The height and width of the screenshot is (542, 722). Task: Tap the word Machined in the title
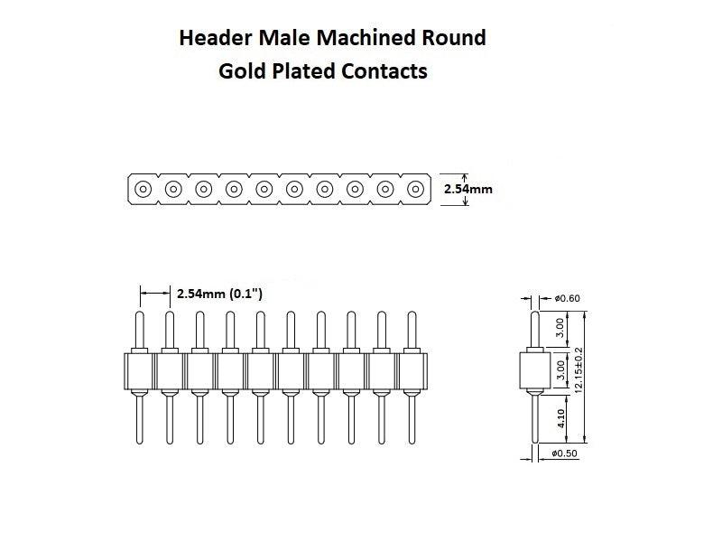tap(363, 38)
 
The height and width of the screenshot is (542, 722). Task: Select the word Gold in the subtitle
tap(240, 71)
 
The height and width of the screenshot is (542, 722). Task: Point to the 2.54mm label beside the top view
tap(468, 190)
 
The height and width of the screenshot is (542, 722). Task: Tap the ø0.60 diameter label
tap(567, 298)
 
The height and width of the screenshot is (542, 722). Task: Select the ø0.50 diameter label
tap(567, 453)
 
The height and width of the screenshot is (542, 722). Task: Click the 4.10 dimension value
tap(561, 418)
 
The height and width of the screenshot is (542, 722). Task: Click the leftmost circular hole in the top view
tap(143, 190)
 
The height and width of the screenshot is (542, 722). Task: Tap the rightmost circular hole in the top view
tap(415, 190)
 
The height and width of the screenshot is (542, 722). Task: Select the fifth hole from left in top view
tap(264, 190)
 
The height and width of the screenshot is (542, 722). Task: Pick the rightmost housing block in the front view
tap(412, 370)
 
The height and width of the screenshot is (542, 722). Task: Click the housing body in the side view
tap(534, 370)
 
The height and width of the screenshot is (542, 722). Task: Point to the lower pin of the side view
tap(534, 420)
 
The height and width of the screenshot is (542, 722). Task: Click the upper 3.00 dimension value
tap(561, 326)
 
